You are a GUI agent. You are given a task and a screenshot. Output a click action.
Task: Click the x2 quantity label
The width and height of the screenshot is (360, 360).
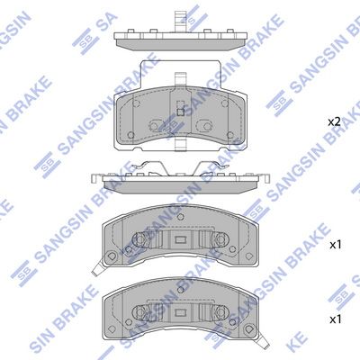(x=334, y=121)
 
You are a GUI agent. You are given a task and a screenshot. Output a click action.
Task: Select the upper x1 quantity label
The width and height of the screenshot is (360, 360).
(x=335, y=245)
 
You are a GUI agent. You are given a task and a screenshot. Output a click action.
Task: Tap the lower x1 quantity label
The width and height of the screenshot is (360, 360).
(x=335, y=319)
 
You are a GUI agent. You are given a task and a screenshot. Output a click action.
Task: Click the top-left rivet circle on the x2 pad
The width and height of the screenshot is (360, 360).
(x=136, y=102)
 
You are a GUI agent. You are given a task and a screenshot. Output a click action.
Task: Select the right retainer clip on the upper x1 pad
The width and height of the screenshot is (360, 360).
(x=219, y=241)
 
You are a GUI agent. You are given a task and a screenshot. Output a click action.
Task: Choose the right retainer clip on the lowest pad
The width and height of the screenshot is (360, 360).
(x=219, y=310)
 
